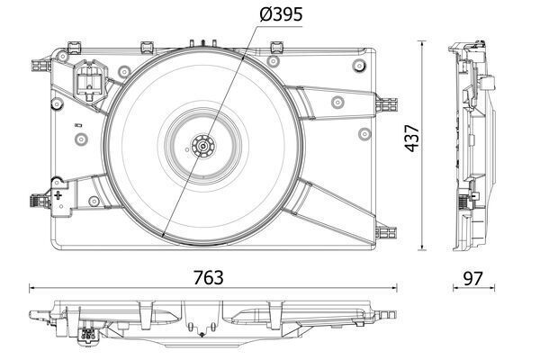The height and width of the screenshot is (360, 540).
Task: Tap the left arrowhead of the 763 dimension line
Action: point(32,289)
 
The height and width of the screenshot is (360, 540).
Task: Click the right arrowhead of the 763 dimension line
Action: point(394,289)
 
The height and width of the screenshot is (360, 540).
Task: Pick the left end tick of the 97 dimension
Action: point(453,289)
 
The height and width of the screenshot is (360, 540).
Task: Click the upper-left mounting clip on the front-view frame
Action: point(40,63)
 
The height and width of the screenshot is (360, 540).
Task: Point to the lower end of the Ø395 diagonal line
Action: point(162,235)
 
